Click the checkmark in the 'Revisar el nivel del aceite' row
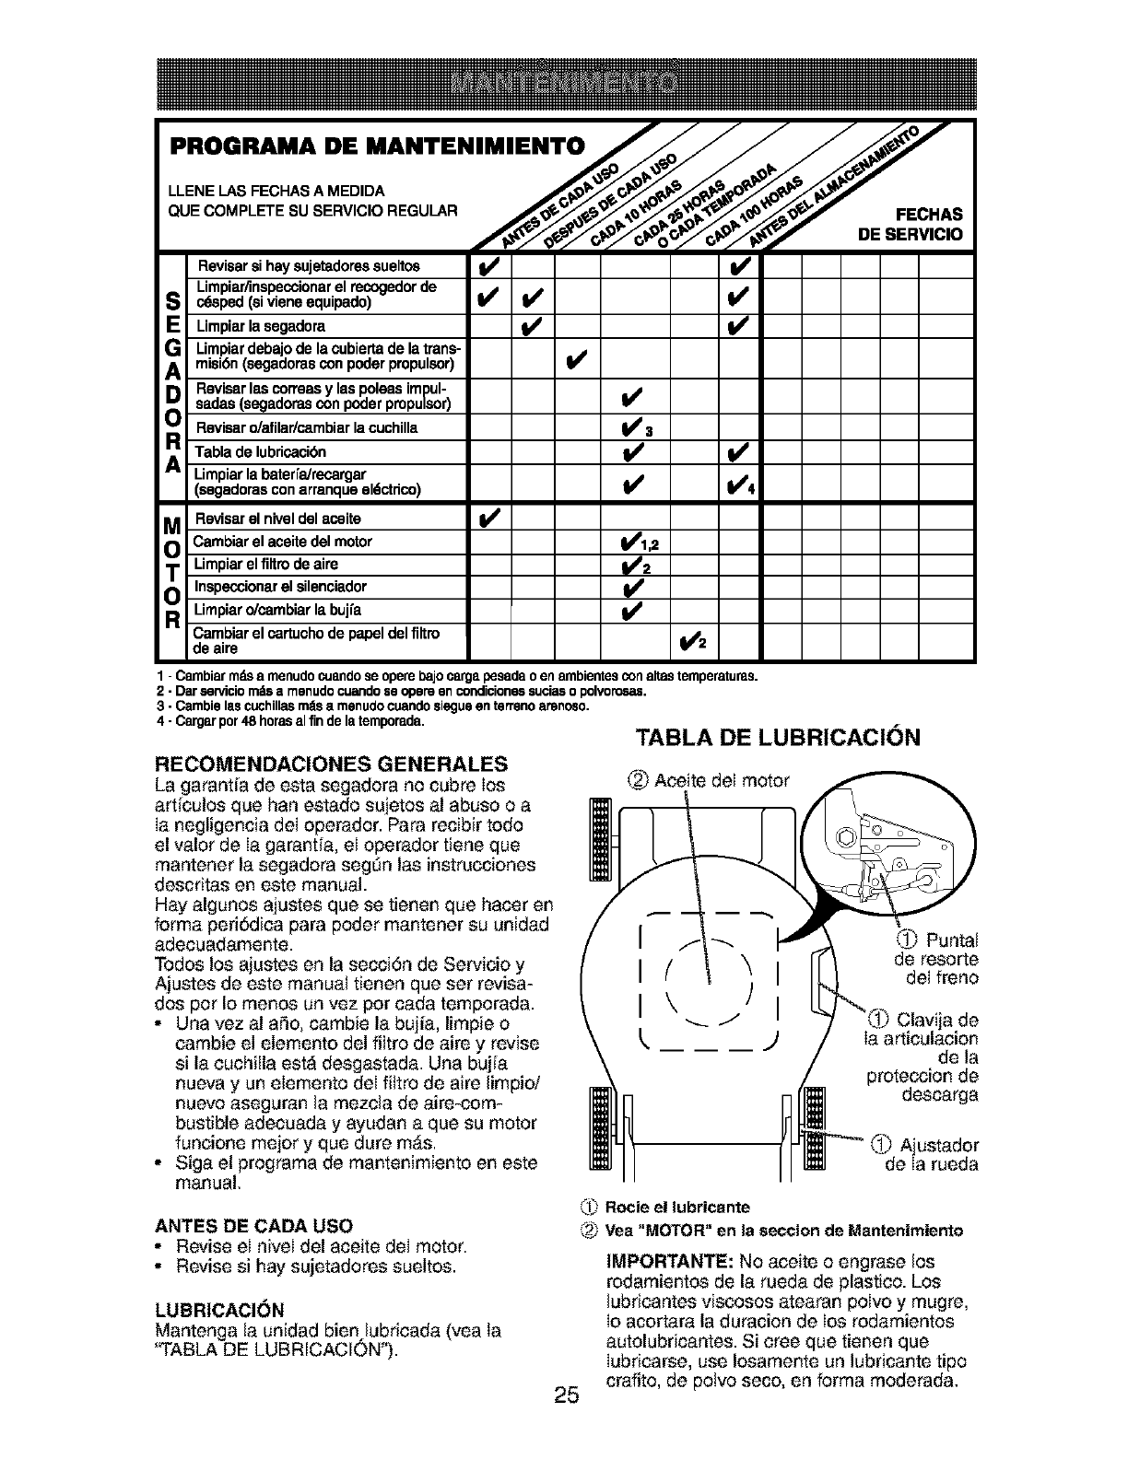point(488,518)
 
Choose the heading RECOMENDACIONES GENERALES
point(333,764)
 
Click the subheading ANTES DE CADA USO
point(254,1226)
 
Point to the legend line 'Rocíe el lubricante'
point(673,1207)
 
